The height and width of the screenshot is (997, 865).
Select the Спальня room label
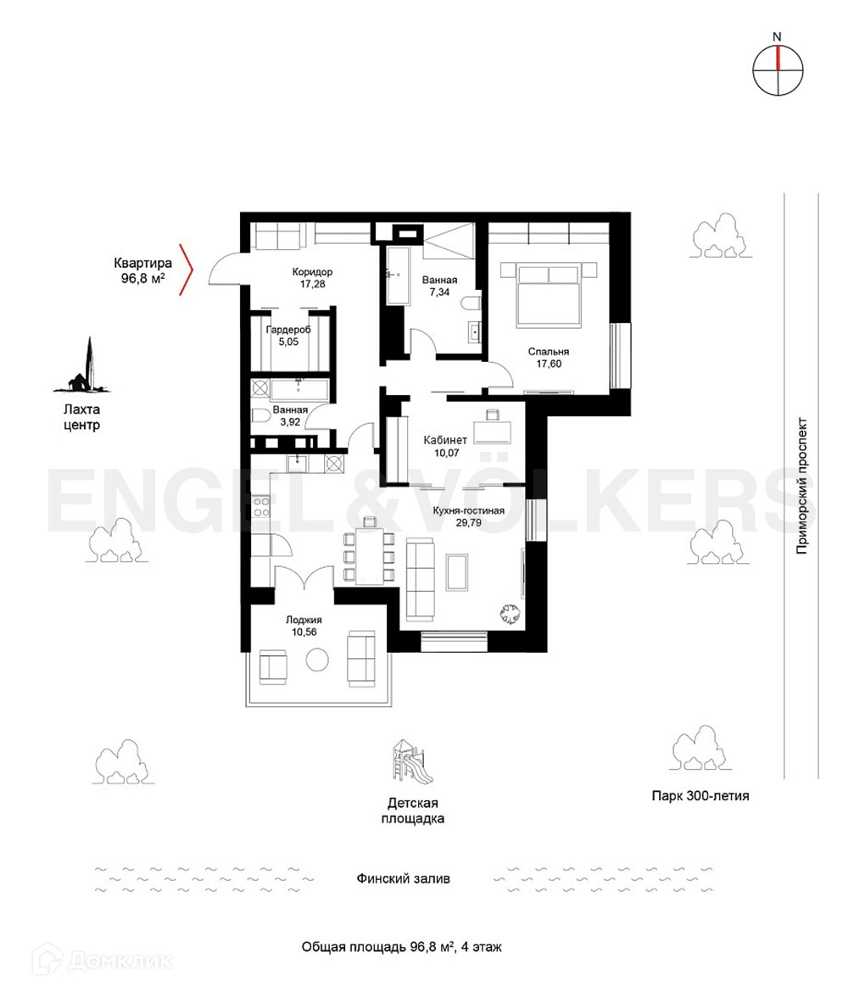pos(548,351)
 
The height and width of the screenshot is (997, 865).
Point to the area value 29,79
pos(468,522)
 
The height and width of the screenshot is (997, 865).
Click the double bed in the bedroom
pos(549,295)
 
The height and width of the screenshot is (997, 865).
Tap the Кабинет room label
pos(445,439)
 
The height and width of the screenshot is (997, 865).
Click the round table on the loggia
pos(317,660)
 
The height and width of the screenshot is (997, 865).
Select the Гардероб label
pos(288,329)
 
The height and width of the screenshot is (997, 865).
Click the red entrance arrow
pos(187,270)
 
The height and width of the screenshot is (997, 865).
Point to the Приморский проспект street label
pos(801,486)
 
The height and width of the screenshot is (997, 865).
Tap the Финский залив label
pos(404,878)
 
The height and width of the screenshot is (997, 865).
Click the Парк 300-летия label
pos(700,795)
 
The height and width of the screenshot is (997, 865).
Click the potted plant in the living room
pos(511,614)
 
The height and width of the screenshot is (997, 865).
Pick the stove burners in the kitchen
pos(261,506)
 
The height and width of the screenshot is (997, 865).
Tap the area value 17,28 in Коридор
pos(312,283)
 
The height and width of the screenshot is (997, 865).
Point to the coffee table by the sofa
pos(458,572)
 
